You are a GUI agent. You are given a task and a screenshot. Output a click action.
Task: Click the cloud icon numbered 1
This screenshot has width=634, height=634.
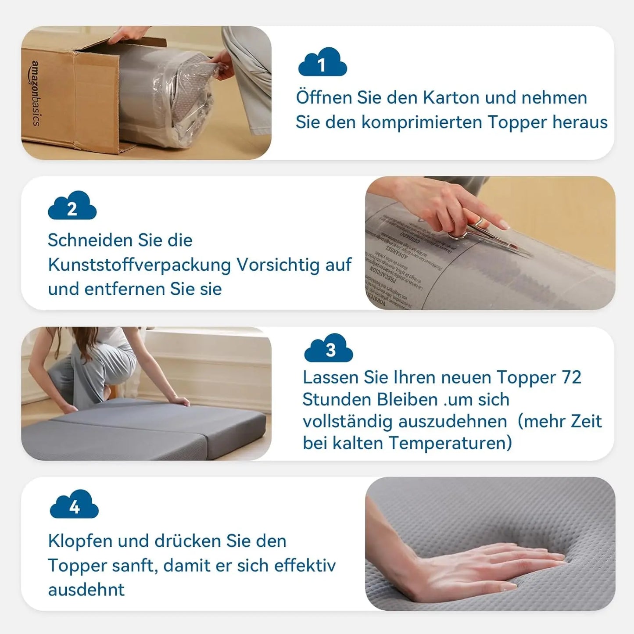pyautogui.click(x=322, y=63)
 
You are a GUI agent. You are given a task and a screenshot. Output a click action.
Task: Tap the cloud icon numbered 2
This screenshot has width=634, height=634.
pyautogui.click(x=72, y=206)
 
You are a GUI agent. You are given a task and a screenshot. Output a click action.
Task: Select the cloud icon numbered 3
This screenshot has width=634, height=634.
pyautogui.click(x=329, y=348)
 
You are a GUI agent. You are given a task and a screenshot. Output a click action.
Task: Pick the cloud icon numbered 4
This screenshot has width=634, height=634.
pyautogui.click(x=74, y=505)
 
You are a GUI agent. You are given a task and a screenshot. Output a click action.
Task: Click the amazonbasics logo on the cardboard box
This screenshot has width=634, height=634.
pyautogui.click(x=35, y=93)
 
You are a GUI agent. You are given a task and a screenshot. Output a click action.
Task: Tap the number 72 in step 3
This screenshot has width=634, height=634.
pyautogui.click(x=571, y=378)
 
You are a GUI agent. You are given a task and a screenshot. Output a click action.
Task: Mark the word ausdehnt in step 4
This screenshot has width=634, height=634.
pyautogui.click(x=86, y=590)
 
